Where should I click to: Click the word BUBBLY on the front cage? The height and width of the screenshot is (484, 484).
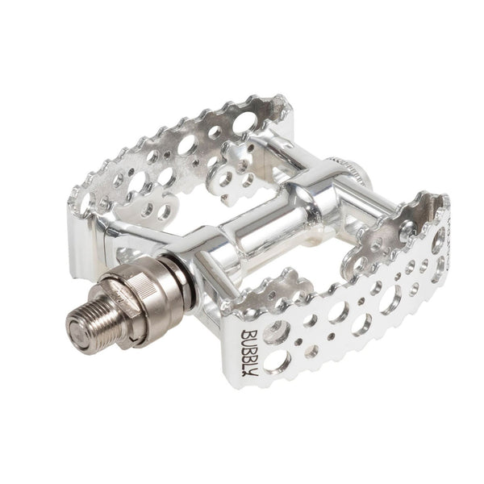click(x=248, y=353)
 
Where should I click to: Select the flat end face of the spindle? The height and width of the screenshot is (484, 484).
click(x=77, y=336)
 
